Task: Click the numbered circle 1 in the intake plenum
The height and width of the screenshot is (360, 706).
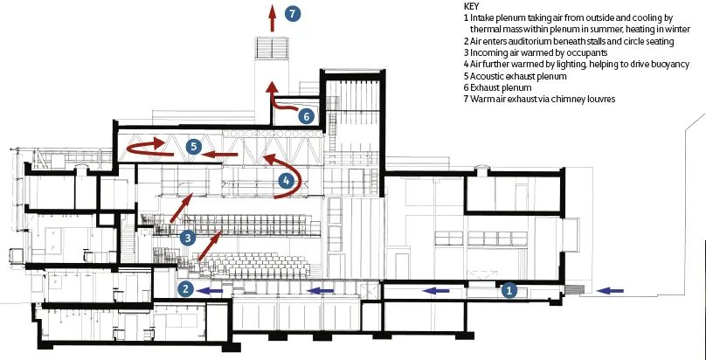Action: point(509,291)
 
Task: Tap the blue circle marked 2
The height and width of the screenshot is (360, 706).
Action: point(185,289)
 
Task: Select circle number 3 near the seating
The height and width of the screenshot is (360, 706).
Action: point(188,238)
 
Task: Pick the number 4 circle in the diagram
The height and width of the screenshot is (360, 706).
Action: point(286,182)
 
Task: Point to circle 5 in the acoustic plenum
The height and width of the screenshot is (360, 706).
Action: point(194,146)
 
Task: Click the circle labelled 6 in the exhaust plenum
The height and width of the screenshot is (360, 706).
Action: point(306,116)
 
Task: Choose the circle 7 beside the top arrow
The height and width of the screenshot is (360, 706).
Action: point(292,13)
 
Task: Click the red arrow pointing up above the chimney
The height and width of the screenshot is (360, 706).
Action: point(272,18)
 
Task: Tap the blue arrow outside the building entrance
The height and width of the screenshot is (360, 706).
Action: point(610,291)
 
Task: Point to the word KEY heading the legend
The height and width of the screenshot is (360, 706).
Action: point(471,6)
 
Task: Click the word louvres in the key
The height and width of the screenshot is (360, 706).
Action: point(601,100)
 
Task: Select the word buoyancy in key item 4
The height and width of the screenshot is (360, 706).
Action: point(670,65)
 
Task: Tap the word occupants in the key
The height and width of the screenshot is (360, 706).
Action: point(586,53)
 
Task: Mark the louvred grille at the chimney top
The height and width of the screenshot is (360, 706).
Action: point(272,48)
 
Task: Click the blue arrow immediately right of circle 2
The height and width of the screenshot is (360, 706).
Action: point(211,291)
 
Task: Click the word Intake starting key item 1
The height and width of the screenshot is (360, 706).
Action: point(481,18)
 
